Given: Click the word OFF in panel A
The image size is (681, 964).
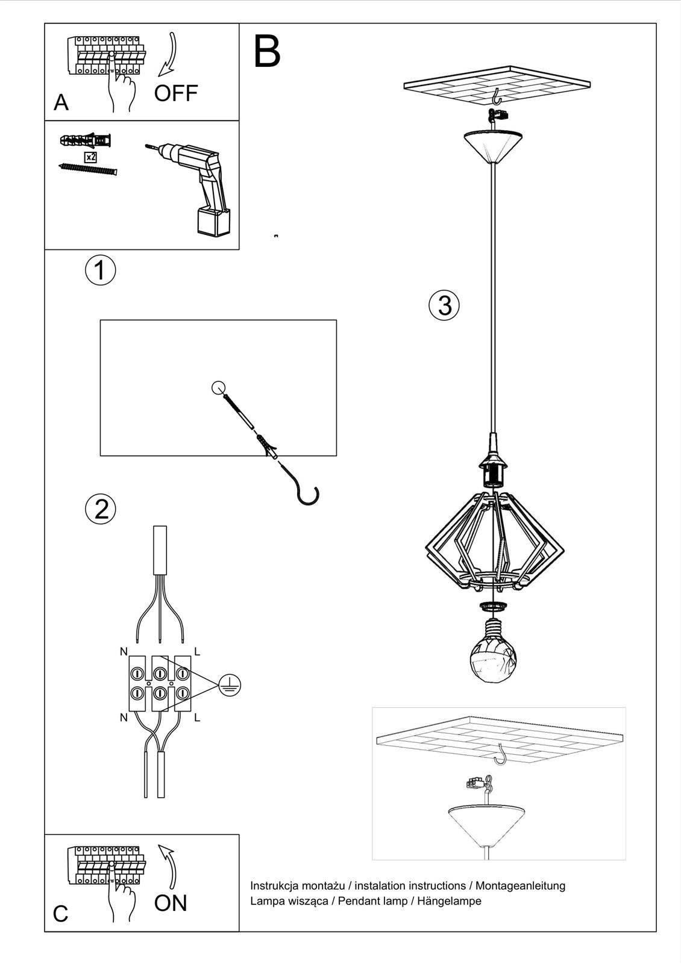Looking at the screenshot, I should point(175,93).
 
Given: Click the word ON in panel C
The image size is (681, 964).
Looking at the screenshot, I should point(171,903).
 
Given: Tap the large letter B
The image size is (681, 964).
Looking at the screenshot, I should point(267,52).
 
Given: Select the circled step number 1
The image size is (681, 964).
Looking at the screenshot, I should point(100,270).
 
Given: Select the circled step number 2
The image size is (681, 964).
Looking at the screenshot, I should point(101,509).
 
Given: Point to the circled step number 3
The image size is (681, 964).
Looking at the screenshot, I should point(444,305).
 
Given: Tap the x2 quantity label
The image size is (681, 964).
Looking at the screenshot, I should point(90,157).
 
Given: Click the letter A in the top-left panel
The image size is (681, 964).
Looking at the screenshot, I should point(61,103).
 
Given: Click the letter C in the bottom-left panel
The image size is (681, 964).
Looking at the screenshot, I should point(60,913).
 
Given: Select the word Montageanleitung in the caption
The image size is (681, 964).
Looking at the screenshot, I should point(521,886).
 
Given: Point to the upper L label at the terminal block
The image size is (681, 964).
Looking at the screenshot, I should point(197,651).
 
